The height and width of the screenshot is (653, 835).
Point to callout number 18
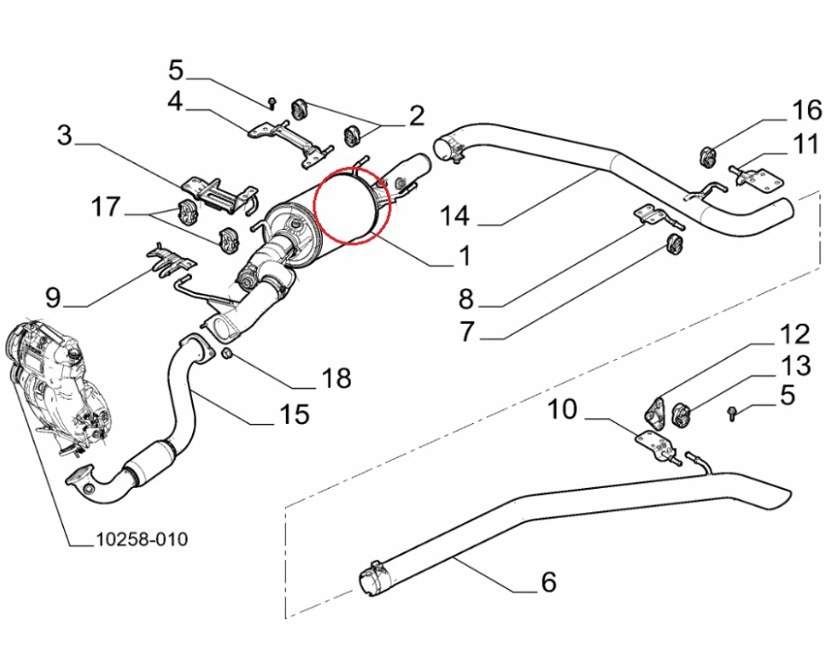pyautogui.click(x=337, y=378)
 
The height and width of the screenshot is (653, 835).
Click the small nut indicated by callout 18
pyautogui.click(x=227, y=354)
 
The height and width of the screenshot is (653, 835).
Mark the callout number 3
pyautogui.click(x=64, y=135)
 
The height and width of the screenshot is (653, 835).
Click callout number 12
pyautogui.click(x=793, y=334)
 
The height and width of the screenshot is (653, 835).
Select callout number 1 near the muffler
pyautogui.click(x=462, y=255)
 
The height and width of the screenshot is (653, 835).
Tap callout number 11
pyautogui.click(x=805, y=144)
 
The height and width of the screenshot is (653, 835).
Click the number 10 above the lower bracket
pyautogui.click(x=563, y=409)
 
